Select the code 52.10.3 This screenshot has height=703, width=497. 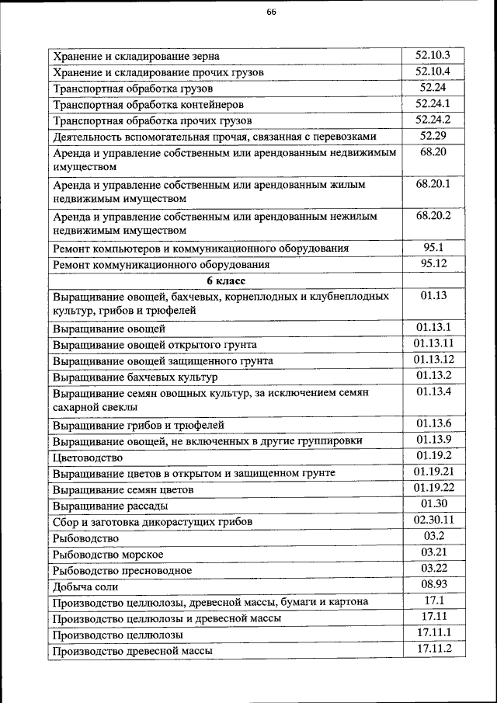[433, 55]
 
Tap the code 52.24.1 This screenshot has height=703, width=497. [433, 103]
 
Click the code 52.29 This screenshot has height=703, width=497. [433, 136]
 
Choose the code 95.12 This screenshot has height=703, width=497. [433, 264]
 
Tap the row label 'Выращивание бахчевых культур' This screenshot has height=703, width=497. [135, 378]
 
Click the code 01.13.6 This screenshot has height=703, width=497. [433, 423]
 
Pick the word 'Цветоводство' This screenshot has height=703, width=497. [86, 458]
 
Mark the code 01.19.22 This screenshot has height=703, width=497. [433, 489]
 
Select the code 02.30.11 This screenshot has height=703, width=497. [433, 520]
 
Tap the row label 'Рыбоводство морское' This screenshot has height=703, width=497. [107, 555]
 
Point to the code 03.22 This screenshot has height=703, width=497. [433, 569]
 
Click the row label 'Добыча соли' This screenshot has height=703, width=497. [84, 587]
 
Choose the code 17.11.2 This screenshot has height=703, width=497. [433, 649]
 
